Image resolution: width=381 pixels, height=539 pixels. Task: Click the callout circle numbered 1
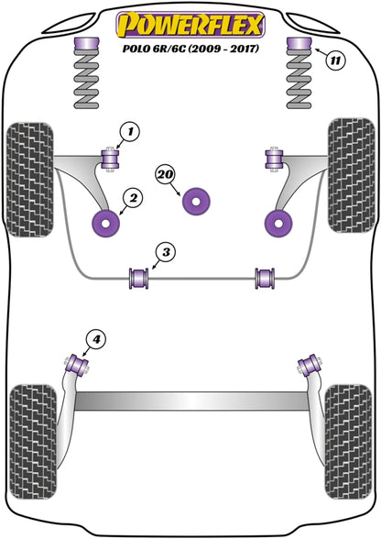point(129,132)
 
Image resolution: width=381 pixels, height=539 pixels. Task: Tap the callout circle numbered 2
point(133,198)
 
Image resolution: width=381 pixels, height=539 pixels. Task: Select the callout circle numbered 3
point(166,253)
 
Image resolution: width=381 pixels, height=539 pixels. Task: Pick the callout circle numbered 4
point(96,340)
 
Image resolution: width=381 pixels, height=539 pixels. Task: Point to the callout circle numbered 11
point(335,61)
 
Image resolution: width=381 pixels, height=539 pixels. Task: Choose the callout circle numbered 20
point(166,175)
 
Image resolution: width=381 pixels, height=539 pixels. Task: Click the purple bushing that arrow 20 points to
point(196,202)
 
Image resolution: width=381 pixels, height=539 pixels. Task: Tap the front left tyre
point(30,179)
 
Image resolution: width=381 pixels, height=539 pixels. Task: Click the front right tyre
point(351,176)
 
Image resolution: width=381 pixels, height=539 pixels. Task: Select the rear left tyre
point(33,442)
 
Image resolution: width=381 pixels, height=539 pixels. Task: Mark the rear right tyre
point(348,442)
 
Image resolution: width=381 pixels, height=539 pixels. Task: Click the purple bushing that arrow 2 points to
point(106,224)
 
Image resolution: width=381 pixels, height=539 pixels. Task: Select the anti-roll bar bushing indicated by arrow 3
point(139,279)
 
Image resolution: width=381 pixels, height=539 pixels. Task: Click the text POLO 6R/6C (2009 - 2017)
point(190,48)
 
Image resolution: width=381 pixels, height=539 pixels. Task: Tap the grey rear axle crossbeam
point(192,401)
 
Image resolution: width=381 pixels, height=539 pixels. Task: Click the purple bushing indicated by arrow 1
point(110,159)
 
